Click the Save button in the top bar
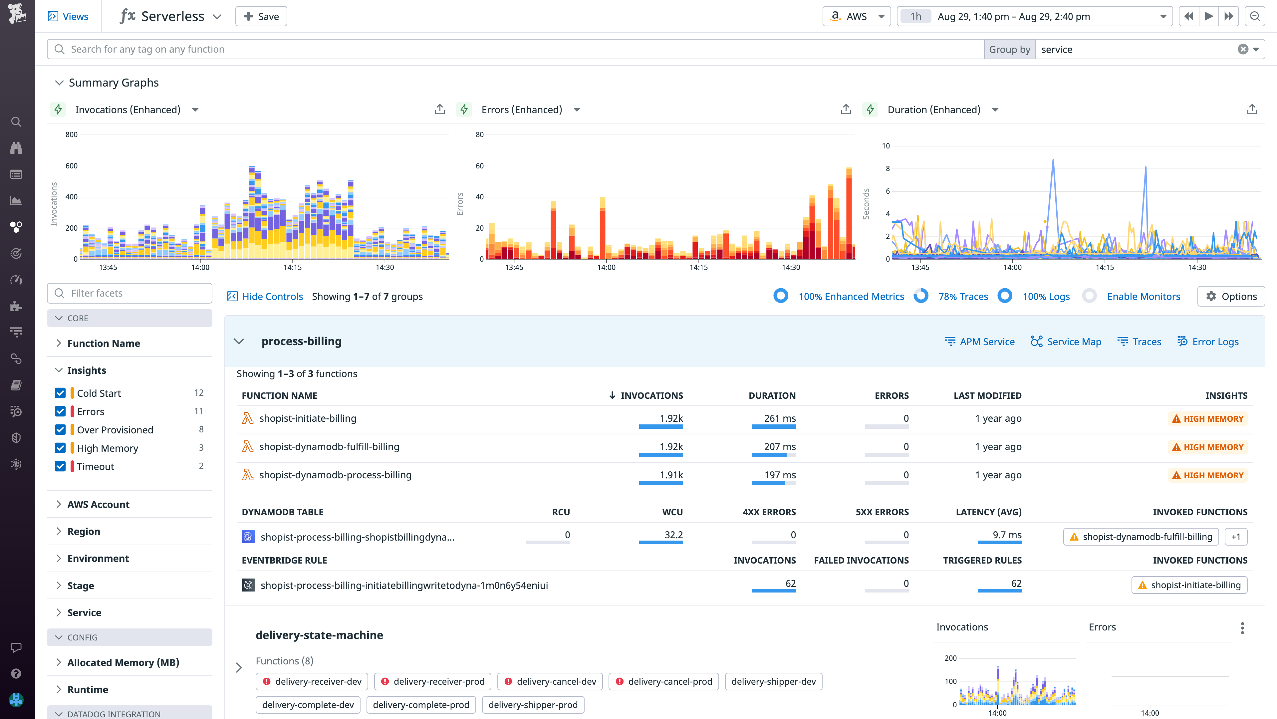tap(261, 16)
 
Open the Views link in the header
tap(69, 16)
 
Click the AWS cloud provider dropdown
tap(857, 16)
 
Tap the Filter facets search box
tap(130, 293)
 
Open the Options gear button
tap(1231, 296)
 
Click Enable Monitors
tap(1143, 296)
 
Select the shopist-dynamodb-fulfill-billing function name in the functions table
tap(329, 446)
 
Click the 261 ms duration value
tap(779, 418)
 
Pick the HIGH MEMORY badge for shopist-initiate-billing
tap(1208, 419)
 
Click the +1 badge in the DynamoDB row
tap(1236, 537)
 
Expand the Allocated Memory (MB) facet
tap(123, 662)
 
